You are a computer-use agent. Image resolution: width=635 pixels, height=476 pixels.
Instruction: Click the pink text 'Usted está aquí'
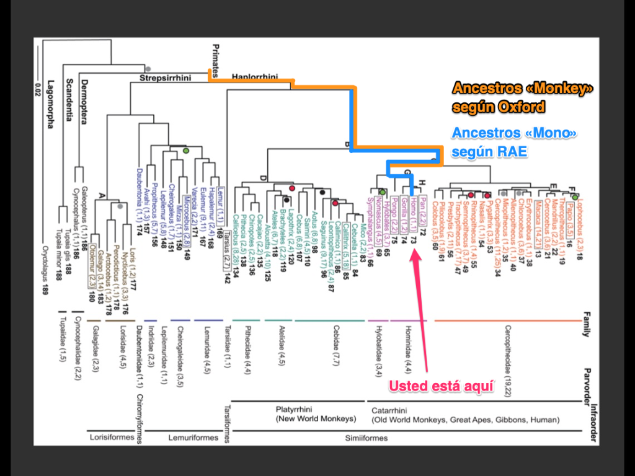pyautogui.click(x=441, y=386)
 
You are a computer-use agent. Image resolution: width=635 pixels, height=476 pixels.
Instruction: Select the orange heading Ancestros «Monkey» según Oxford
pyautogui.click(x=522, y=97)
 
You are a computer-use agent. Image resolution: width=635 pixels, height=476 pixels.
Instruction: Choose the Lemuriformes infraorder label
pyautogui.click(x=193, y=438)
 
